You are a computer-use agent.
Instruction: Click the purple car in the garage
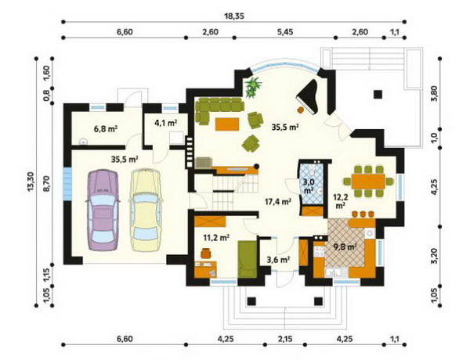102,210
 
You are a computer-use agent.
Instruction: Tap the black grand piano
308,96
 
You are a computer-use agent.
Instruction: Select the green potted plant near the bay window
253,87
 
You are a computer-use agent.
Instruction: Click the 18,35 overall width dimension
234,16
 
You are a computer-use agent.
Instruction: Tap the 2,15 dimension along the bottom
285,339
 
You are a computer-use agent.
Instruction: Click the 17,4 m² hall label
278,201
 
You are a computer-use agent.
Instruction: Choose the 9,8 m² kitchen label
345,247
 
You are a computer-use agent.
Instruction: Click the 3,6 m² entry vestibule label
278,260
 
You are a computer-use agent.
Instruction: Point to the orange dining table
368,181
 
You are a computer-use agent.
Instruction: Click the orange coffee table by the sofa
227,124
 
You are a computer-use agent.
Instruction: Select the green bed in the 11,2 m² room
248,260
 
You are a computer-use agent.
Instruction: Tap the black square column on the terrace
378,95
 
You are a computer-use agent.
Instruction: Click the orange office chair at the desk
206,253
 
